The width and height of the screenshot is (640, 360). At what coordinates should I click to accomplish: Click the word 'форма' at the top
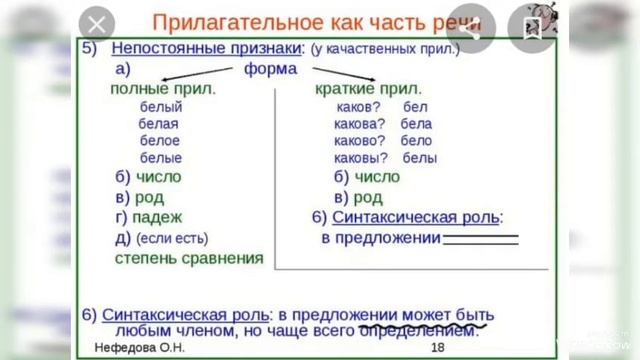click(x=270, y=69)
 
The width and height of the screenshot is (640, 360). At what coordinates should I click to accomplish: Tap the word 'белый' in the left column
click(x=161, y=105)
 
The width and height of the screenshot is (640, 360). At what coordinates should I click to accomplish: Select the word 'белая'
click(x=159, y=123)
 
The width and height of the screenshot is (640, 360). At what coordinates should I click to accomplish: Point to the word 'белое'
click(x=160, y=140)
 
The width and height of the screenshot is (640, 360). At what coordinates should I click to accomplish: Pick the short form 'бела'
click(x=416, y=123)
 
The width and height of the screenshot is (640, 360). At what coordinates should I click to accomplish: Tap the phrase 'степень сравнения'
click(x=189, y=257)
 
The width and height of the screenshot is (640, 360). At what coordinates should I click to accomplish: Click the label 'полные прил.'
click(x=163, y=88)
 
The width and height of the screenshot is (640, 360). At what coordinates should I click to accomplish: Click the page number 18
click(x=437, y=347)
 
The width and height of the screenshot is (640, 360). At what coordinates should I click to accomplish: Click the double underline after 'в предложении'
click(x=481, y=238)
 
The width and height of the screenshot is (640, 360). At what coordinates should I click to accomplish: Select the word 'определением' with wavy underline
click(x=415, y=329)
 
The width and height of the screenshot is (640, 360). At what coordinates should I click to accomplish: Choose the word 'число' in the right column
click(x=376, y=177)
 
